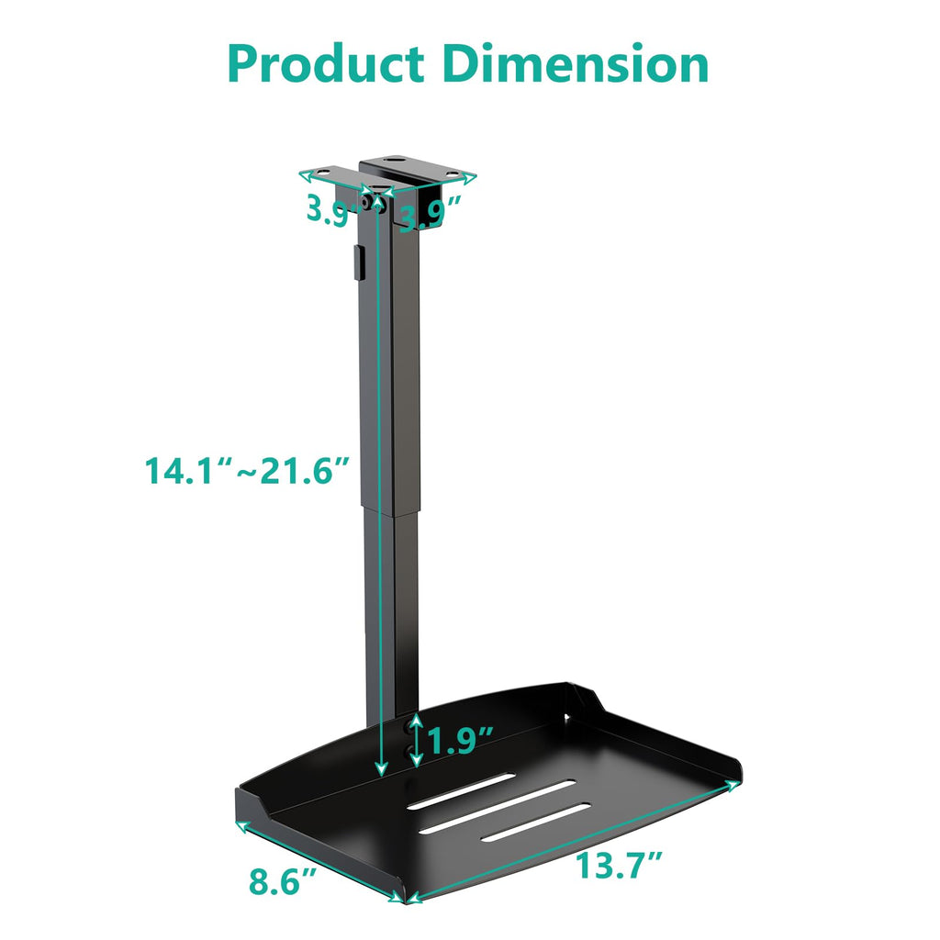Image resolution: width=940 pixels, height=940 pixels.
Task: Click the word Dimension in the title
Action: [576, 64]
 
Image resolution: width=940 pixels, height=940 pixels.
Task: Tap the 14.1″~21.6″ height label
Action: [248, 471]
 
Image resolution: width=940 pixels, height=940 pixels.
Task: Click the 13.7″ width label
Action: [619, 866]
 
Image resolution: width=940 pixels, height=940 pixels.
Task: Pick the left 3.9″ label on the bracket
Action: [328, 211]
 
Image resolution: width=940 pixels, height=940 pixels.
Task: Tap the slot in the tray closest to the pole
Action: [462, 791]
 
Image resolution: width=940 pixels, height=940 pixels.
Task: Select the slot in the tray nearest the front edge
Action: [536, 822]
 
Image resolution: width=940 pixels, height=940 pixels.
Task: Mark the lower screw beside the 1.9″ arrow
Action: [408, 750]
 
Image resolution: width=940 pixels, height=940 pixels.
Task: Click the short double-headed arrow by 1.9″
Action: [418, 740]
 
